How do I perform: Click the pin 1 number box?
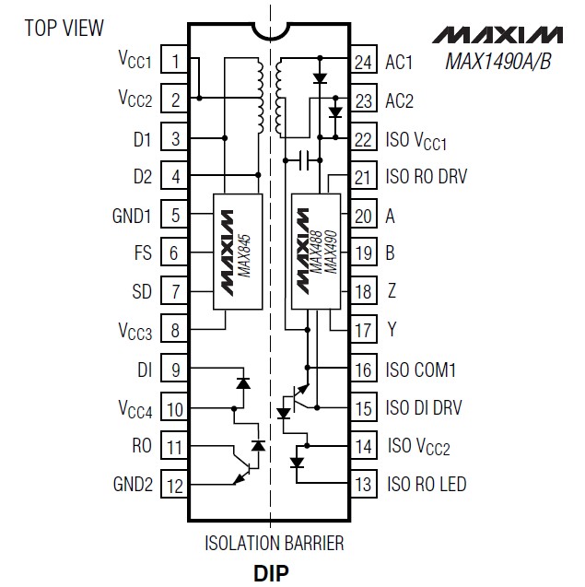tap(175, 62)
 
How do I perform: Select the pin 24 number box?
tap(364, 62)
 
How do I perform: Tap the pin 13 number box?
tap(364, 484)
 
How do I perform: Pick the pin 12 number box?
tap(175, 484)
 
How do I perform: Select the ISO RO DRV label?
tap(427, 177)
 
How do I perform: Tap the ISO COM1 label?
tap(421, 370)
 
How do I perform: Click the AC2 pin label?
tap(400, 100)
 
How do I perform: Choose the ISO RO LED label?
tap(427, 484)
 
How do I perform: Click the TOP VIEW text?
tap(64, 29)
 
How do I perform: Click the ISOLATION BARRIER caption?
tap(274, 543)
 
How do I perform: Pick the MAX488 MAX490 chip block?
tap(314, 251)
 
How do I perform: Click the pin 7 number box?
tap(175, 292)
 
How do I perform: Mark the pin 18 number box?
tap(364, 292)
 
